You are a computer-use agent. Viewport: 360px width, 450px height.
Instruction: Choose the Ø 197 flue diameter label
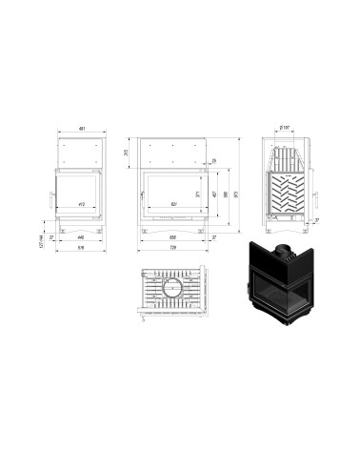click(285, 124)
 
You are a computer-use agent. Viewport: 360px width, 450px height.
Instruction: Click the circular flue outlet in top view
click(174, 288)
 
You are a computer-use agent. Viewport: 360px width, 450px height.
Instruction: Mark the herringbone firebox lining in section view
click(286, 195)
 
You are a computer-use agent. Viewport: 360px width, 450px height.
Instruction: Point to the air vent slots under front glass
click(172, 217)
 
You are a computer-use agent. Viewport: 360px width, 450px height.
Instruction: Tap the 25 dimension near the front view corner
click(213, 160)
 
